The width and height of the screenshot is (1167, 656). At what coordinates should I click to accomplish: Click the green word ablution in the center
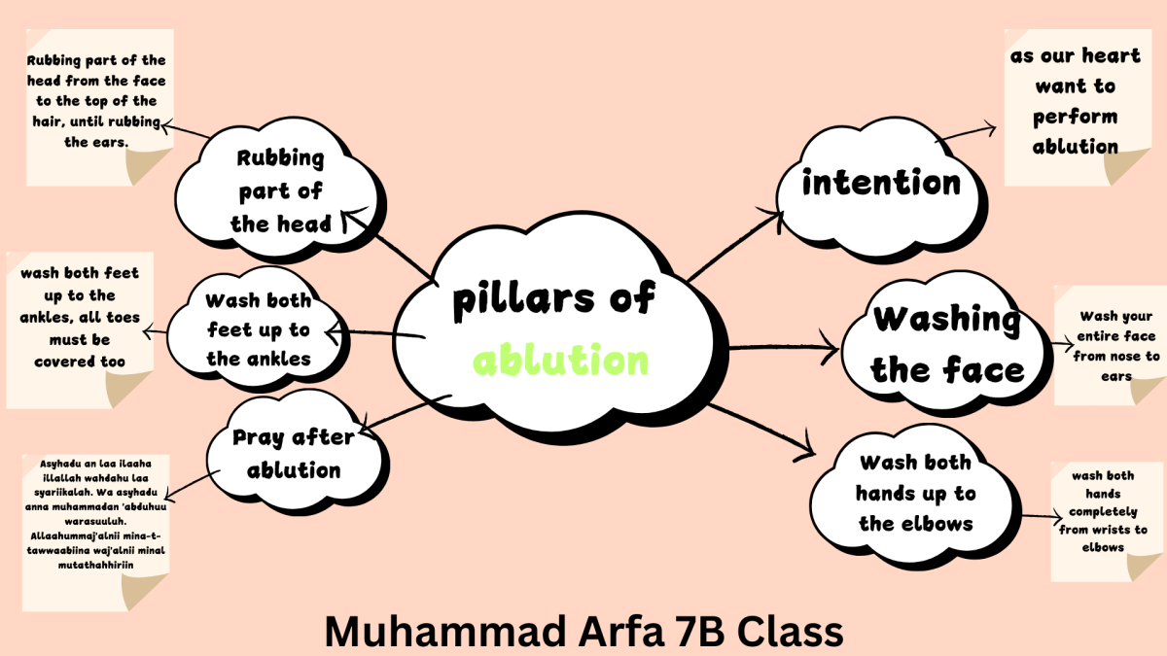pos(561,361)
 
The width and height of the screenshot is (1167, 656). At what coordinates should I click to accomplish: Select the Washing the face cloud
pos(945,344)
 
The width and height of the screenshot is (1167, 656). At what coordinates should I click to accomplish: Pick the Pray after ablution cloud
pos(293,454)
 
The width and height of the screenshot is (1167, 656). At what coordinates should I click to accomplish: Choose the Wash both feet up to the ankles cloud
pos(258,330)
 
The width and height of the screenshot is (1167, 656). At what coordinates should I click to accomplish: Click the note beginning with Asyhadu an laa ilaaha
pos(95,525)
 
